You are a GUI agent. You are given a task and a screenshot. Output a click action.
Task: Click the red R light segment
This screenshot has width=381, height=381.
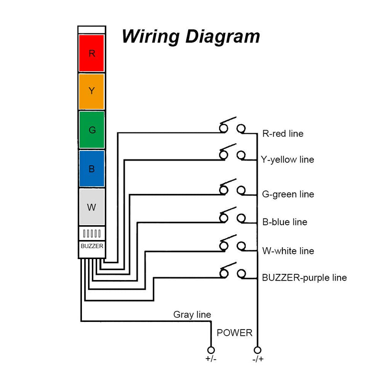[x=91, y=53]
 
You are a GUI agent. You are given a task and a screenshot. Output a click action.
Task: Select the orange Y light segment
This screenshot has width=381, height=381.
[x=91, y=91]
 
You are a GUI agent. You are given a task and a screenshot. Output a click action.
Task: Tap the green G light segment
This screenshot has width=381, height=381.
[x=91, y=130]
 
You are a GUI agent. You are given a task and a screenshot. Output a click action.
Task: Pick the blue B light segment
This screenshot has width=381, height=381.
[x=91, y=169]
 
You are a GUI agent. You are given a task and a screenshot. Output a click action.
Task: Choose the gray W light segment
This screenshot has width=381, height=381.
[x=91, y=207]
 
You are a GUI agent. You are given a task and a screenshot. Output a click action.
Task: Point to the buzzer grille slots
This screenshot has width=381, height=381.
[x=91, y=233]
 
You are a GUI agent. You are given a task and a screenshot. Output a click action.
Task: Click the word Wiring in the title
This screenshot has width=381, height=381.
[x=150, y=37]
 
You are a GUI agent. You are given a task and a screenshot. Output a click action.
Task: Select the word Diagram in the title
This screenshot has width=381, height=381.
[x=222, y=37]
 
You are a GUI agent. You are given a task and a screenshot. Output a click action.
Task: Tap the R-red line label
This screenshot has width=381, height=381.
[x=283, y=134]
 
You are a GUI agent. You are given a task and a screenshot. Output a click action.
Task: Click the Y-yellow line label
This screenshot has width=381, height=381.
[x=288, y=160]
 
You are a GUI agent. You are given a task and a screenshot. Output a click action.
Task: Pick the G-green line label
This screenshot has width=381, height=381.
[x=288, y=194]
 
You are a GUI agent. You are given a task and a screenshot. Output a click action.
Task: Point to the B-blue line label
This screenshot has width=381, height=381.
[x=285, y=222]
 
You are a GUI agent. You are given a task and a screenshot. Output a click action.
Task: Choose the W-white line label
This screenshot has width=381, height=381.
[x=288, y=251]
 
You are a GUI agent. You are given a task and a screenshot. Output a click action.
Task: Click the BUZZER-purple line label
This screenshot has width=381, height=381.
[x=304, y=278]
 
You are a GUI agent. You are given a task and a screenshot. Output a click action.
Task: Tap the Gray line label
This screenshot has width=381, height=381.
[x=192, y=315]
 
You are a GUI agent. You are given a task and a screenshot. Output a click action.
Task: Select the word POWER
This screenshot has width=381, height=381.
[x=234, y=333]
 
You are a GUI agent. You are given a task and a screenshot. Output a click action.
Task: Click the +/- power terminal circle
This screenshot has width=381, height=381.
[x=211, y=350]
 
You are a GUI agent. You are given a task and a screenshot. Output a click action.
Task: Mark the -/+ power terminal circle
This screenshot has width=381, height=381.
[x=257, y=350]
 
